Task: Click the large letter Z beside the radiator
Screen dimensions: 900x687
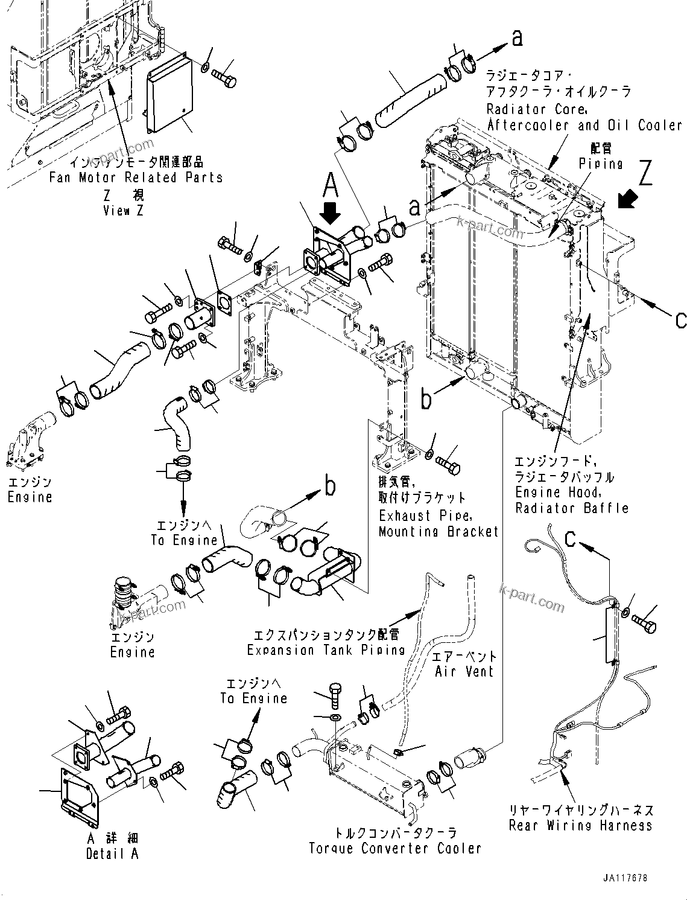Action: pyautogui.click(x=645, y=174)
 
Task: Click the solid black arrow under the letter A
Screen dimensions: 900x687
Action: pyautogui.click(x=331, y=212)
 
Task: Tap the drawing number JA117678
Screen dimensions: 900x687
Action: pyautogui.click(x=624, y=879)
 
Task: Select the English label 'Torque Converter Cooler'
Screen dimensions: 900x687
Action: pyautogui.click(x=395, y=848)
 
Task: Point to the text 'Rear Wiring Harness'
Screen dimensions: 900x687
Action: pyautogui.click(x=580, y=825)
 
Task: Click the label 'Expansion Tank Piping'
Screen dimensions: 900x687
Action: pyautogui.click(x=326, y=650)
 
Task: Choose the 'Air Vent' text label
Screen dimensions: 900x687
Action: pyautogui.click(x=464, y=671)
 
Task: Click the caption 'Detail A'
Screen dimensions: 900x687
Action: pyautogui.click(x=112, y=854)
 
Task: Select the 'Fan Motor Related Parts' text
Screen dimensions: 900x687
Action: pyautogui.click(x=136, y=178)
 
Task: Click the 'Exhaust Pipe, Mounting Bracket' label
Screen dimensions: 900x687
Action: pyautogui.click(x=438, y=524)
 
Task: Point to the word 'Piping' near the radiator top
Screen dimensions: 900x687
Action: pyautogui.click(x=601, y=164)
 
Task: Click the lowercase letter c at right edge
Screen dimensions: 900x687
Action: pyautogui.click(x=680, y=320)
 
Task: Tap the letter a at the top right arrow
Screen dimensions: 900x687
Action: pyautogui.click(x=516, y=38)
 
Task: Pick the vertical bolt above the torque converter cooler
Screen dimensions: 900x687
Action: pyautogui.click(x=336, y=695)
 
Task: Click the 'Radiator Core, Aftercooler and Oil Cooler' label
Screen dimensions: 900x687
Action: pyautogui.click(x=584, y=117)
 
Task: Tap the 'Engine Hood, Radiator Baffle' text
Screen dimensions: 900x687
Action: pyautogui.click(x=572, y=500)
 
